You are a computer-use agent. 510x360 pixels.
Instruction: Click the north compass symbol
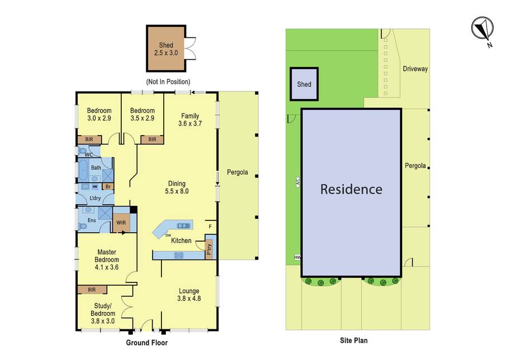click(483, 28)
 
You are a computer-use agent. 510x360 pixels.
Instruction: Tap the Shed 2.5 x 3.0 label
click(166, 49)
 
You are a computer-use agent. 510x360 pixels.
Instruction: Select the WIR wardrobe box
click(121, 223)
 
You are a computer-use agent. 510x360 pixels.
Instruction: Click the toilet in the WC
click(83, 151)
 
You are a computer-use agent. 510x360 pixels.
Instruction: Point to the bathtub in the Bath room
click(83, 170)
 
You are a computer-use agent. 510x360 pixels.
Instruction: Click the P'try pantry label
click(209, 249)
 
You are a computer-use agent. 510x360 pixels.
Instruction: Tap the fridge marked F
click(211, 227)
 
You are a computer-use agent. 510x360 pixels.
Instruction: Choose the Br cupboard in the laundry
click(108, 187)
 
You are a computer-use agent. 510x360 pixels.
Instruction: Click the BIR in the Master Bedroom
click(92, 290)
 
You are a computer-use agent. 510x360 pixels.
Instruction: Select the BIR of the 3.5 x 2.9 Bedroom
click(152, 140)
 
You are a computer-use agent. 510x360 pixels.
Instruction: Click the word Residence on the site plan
click(351, 189)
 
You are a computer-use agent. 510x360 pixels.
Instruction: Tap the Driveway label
click(415, 69)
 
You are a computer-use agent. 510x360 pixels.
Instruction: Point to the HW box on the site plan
click(297, 257)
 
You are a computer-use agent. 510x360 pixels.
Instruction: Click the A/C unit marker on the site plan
click(298, 182)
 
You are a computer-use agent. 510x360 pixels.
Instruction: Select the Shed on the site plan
click(304, 84)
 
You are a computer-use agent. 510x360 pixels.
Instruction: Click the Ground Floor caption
click(147, 343)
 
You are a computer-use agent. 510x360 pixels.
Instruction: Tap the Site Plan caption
click(354, 340)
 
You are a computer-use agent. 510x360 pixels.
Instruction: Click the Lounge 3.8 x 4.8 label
click(189, 295)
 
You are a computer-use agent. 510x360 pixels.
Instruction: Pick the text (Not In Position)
click(168, 81)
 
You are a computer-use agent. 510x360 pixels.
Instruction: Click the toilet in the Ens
click(82, 225)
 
